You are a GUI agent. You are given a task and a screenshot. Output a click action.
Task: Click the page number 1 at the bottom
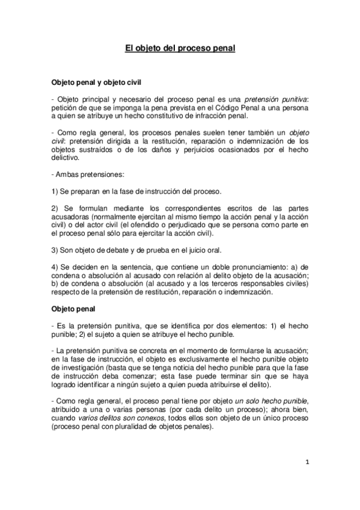tap(307, 462)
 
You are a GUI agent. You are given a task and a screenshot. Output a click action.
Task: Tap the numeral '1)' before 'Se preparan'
tap(55, 191)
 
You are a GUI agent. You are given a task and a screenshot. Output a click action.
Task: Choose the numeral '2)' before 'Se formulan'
tap(55, 208)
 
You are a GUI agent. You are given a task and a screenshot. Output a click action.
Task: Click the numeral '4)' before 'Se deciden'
tap(55, 266)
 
